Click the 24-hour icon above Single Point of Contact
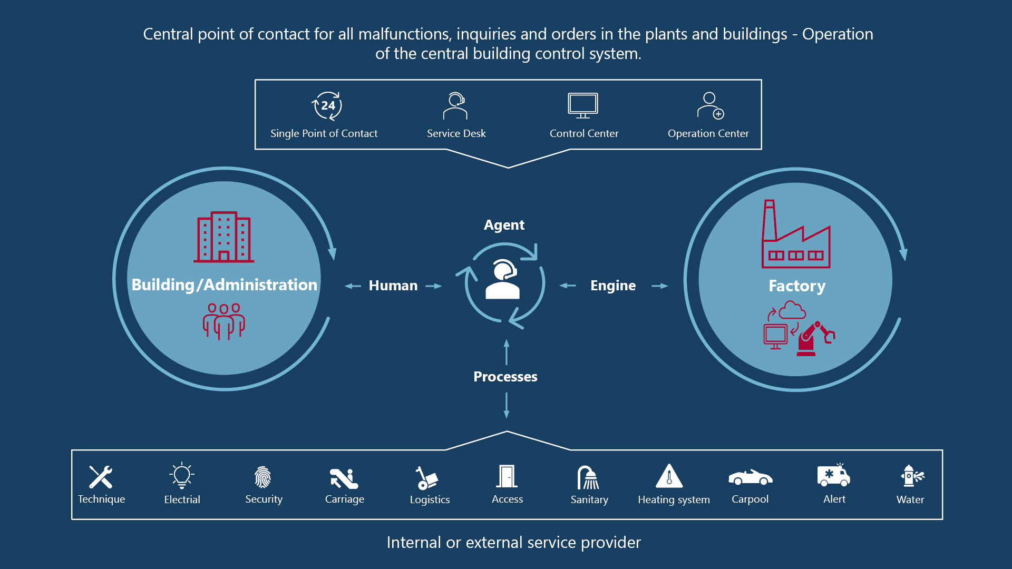click(327, 106)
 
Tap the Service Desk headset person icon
click(455, 106)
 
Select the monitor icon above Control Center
click(583, 105)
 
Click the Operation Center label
click(708, 134)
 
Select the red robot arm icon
click(814, 339)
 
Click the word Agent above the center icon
click(504, 225)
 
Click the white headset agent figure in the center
click(503, 280)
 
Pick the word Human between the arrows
click(393, 286)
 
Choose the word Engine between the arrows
click(613, 286)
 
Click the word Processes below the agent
click(505, 377)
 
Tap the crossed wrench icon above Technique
click(101, 477)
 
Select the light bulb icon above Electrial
click(182, 476)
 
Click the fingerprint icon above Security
click(263, 477)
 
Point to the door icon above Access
click(507, 476)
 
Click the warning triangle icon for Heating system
click(669, 476)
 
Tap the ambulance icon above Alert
click(834, 475)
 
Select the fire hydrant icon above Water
click(910, 476)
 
